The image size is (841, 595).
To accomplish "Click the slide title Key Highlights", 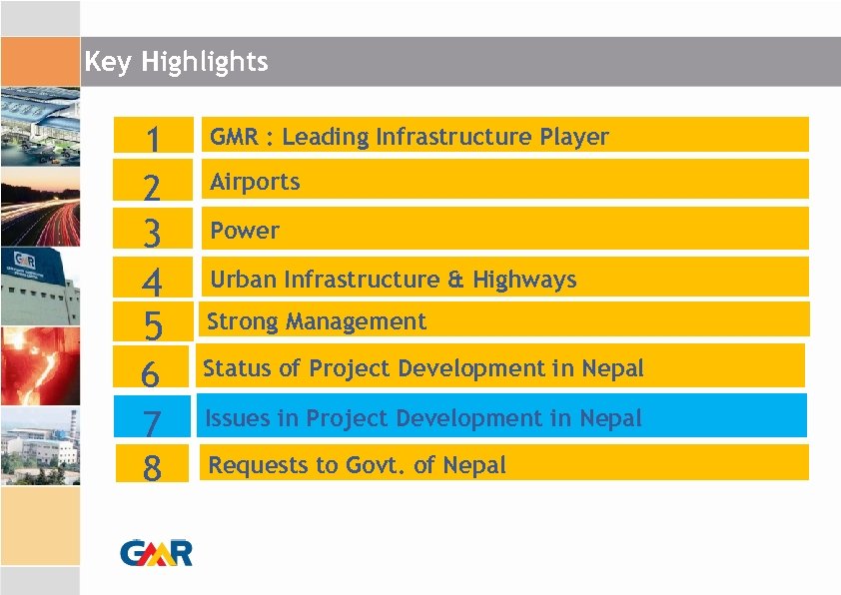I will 176,62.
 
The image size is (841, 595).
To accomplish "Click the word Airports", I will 255,182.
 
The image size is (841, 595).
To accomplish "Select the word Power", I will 245,231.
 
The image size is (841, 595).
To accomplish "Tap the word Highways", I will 531,280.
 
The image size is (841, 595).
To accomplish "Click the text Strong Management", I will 316,321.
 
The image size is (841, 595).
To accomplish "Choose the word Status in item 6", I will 237,368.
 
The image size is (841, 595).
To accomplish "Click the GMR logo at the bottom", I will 157,552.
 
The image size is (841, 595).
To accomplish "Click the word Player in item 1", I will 574,137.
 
